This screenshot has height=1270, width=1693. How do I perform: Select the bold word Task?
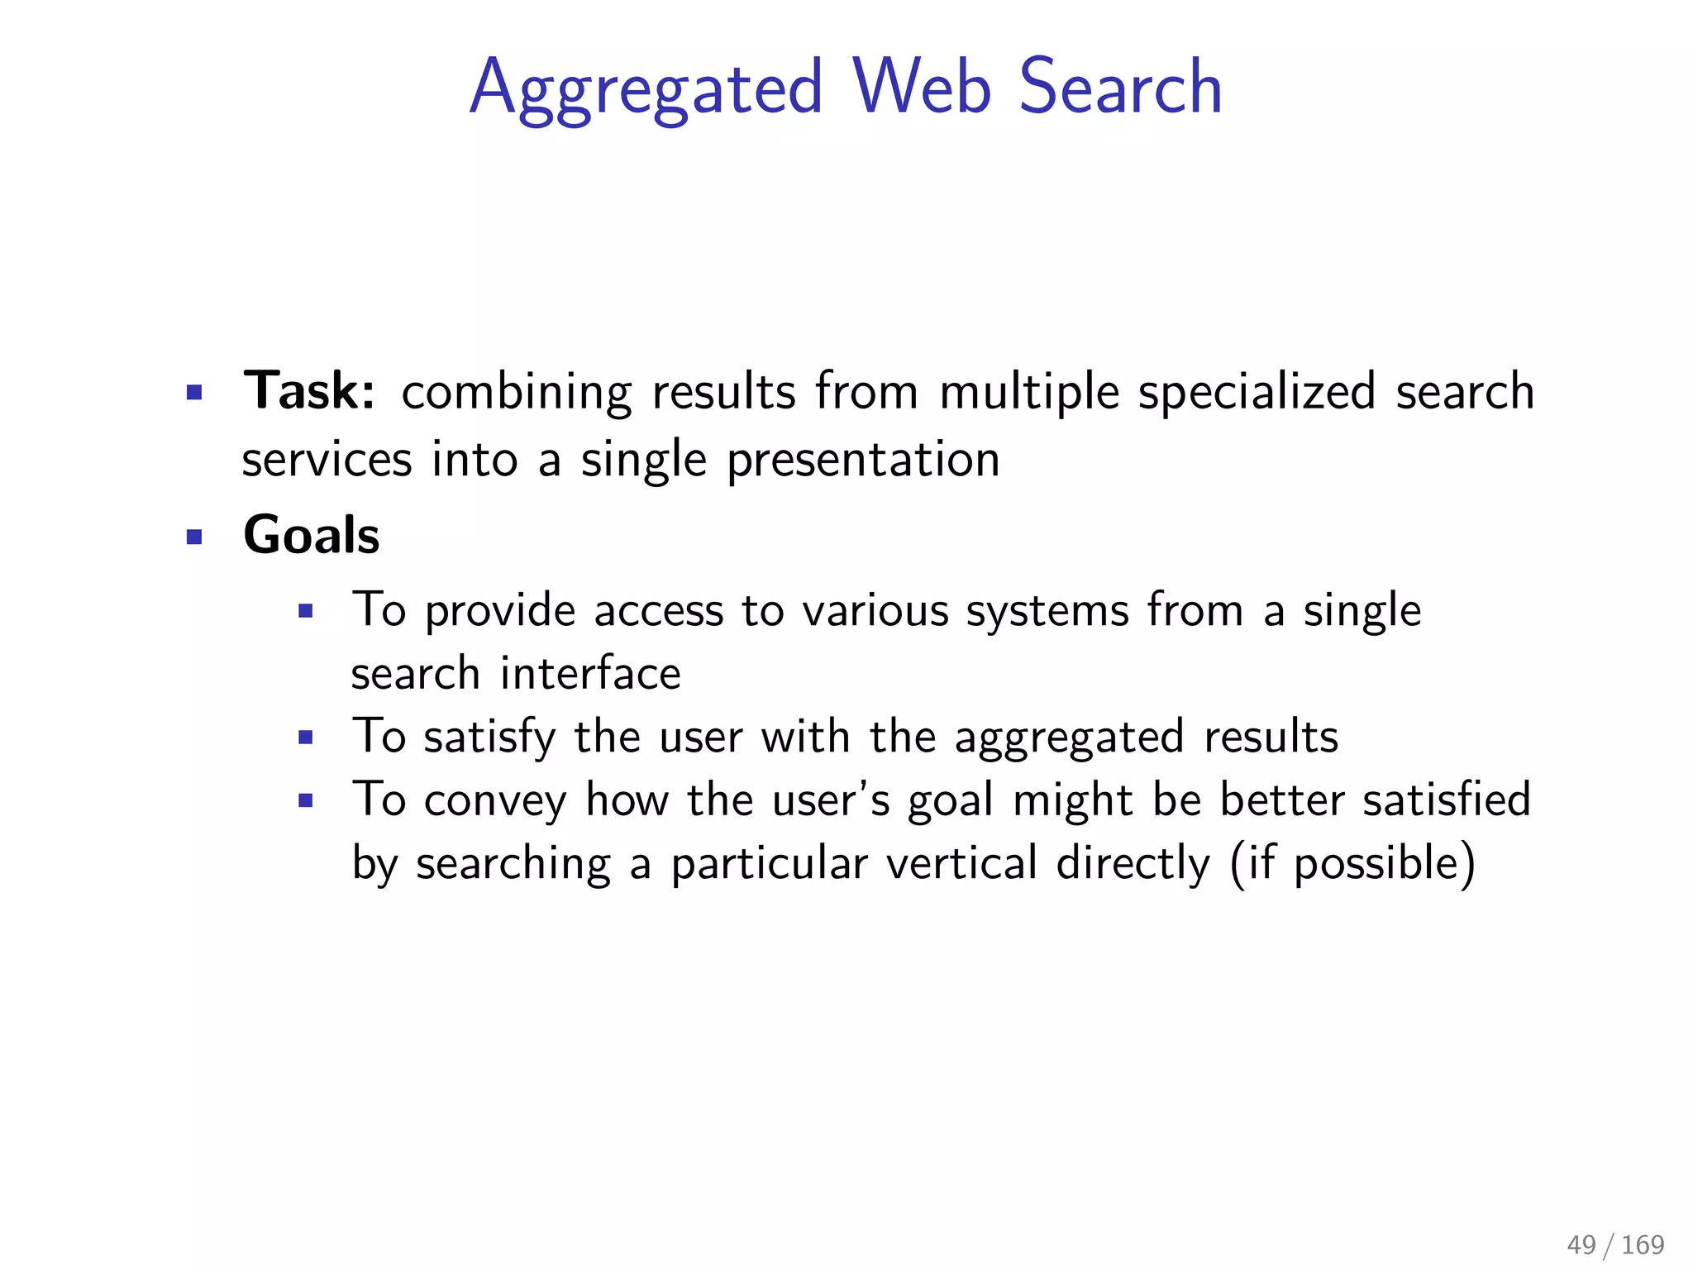click(309, 390)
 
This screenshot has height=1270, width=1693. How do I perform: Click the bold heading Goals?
click(312, 535)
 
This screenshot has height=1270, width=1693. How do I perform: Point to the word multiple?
click(1028, 392)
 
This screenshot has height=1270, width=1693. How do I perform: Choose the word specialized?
click(1257, 392)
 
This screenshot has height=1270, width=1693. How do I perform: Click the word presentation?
click(863, 461)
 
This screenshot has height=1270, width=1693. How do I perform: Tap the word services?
click(327, 461)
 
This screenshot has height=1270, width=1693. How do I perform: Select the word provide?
click(500, 612)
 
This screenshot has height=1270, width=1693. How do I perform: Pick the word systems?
click(1047, 612)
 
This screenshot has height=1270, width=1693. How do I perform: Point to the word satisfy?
click(490, 737)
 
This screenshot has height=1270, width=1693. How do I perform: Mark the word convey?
click(495, 800)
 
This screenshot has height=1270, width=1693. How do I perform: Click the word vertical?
click(961, 863)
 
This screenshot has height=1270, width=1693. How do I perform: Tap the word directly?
click(1133, 863)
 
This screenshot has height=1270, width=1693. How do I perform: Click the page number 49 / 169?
click(1615, 1244)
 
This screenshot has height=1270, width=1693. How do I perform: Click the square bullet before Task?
click(194, 392)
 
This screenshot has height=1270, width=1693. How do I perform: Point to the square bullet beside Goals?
click(194, 537)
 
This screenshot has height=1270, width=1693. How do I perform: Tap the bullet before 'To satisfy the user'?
click(306, 738)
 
